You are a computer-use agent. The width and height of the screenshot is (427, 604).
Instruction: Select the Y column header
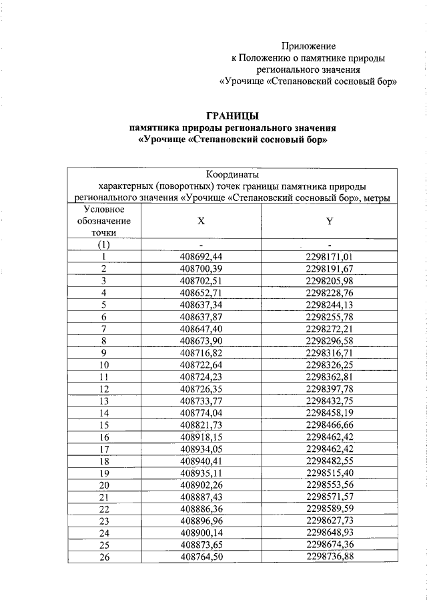(x=329, y=220)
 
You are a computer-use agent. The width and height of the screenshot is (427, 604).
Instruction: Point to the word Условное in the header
(x=104, y=209)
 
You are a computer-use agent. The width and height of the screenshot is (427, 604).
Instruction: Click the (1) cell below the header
(x=104, y=244)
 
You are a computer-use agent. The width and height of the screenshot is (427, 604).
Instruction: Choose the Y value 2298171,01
(x=329, y=256)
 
